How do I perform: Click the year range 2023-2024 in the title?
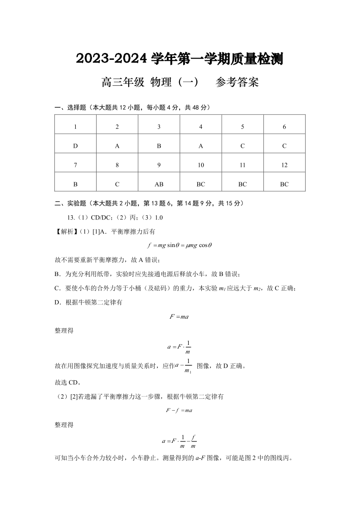coord(112,59)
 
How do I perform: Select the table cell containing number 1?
coord(75,127)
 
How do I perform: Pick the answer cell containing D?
coord(75,146)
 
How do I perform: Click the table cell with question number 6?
coord(284,127)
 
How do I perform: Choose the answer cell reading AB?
coord(159,184)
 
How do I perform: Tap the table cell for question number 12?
coord(284,165)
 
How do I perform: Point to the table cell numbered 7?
coord(75,165)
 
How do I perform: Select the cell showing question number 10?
coord(201,165)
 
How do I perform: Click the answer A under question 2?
coord(117,146)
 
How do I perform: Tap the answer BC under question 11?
coord(243,184)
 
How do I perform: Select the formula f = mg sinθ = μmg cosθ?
coord(180,246)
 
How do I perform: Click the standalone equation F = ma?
coord(179,316)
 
